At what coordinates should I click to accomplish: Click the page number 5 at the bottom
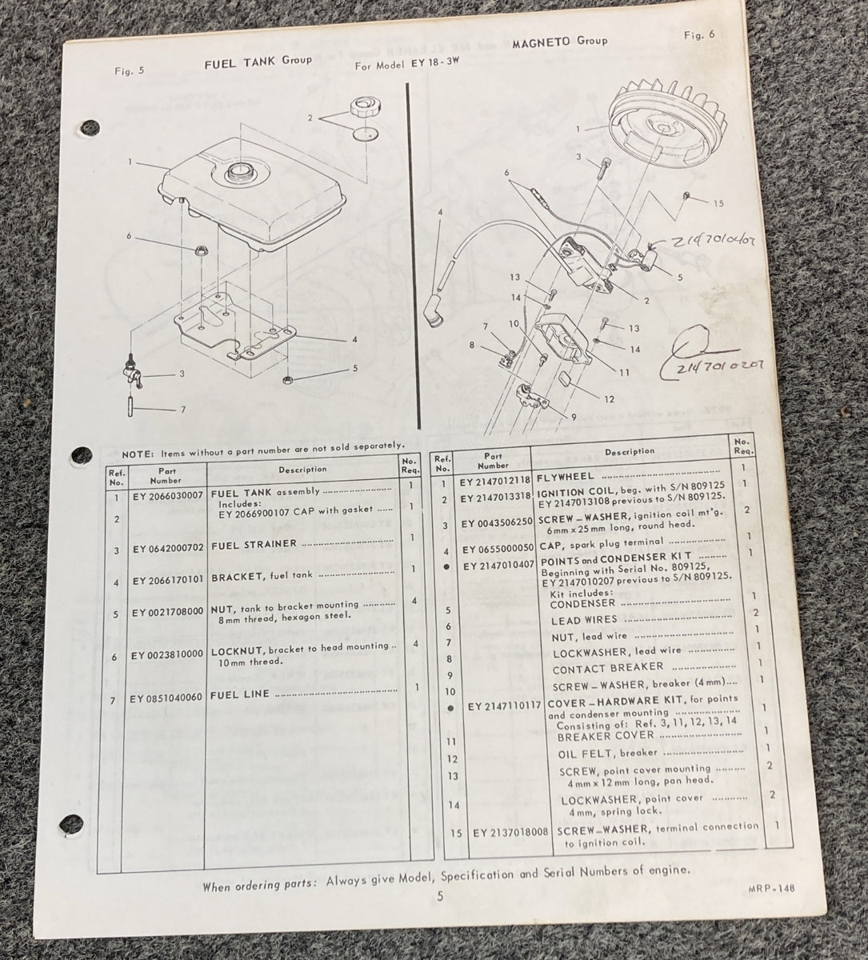pyautogui.click(x=439, y=897)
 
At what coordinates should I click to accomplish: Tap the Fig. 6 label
pyautogui.click(x=699, y=35)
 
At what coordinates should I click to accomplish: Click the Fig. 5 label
pyautogui.click(x=130, y=70)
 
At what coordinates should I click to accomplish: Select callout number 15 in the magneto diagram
pyautogui.click(x=718, y=203)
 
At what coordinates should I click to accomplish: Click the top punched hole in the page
pyautogui.click(x=90, y=126)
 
